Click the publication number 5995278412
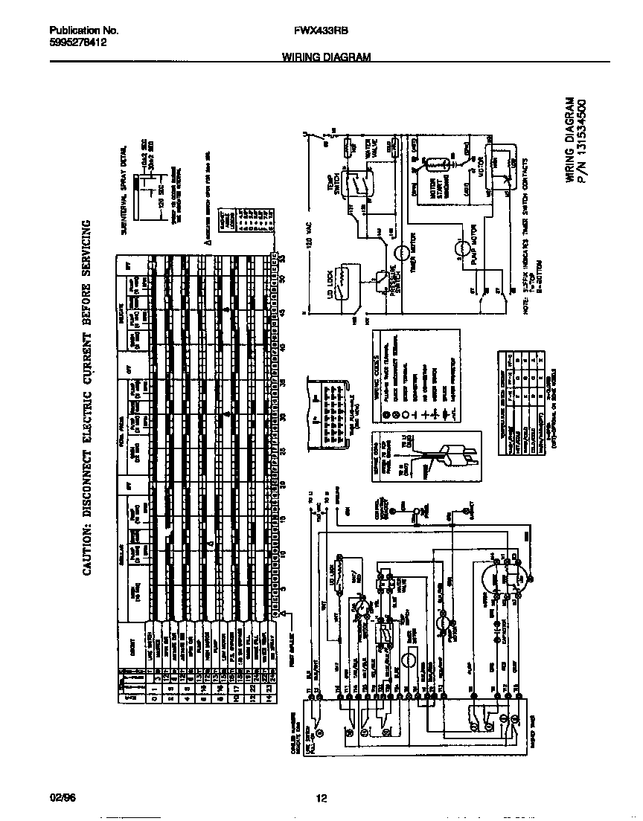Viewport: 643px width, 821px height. pos(77,44)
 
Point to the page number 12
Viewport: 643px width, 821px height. pos(321,799)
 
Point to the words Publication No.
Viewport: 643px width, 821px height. pos(84,31)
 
